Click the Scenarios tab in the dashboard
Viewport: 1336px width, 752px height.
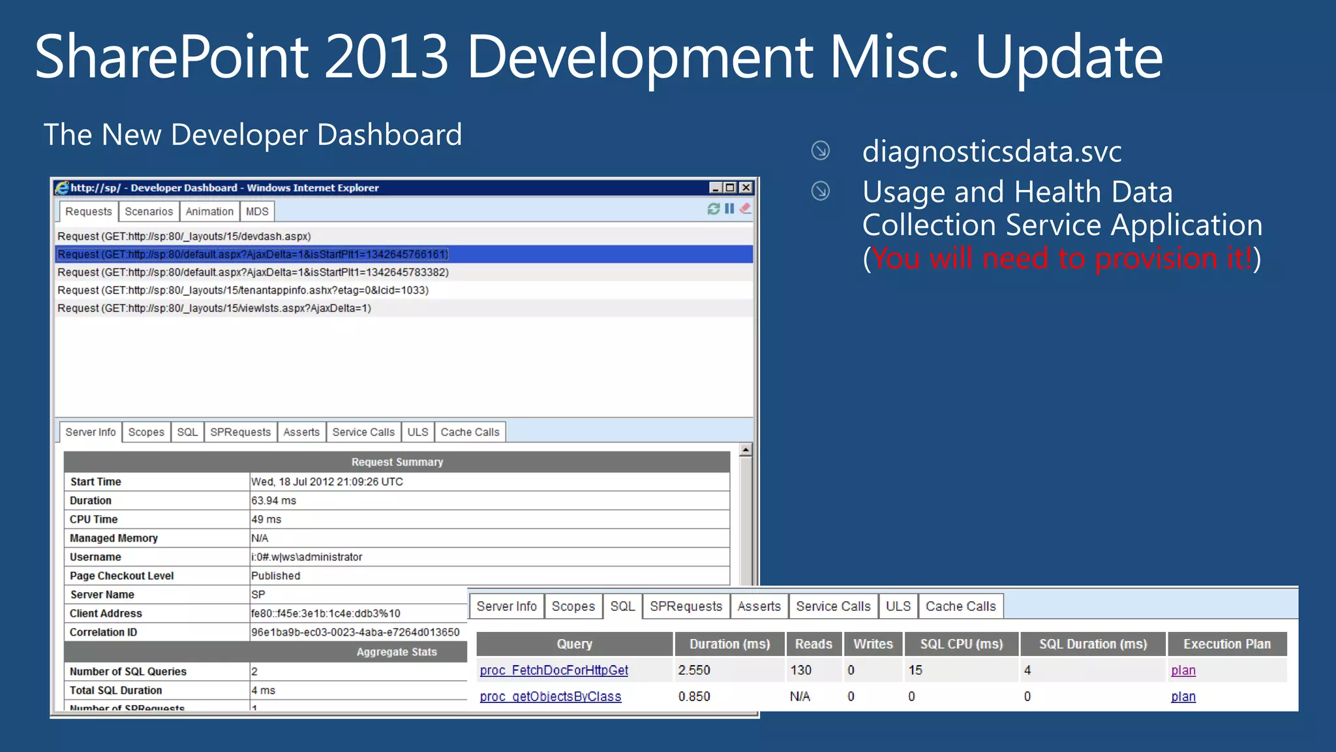coord(149,211)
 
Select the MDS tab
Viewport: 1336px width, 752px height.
coord(257,211)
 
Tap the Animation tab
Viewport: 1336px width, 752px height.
coord(209,211)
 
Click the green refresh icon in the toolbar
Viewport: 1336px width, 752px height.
coord(713,209)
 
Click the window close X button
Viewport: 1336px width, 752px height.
coord(746,188)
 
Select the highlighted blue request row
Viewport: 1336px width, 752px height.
coord(252,255)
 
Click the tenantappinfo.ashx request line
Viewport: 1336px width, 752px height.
coord(243,290)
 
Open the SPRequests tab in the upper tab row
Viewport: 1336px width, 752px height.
coord(240,432)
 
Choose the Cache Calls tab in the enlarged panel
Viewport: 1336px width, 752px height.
coord(960,606)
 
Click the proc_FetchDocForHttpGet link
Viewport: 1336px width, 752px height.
coord(554,670)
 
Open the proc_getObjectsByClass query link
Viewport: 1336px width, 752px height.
coord(551,697)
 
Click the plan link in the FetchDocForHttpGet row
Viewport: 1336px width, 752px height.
coord(1183,670)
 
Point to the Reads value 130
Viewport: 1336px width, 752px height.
coord(801,670)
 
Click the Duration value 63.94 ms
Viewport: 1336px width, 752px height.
coord(274,501)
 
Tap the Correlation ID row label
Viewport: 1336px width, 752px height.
coord(104,633)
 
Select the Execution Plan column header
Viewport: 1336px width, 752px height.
coord(1226,644)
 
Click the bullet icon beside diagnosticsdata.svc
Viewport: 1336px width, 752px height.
coord(820,151)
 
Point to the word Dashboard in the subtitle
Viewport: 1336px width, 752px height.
coord(389,135)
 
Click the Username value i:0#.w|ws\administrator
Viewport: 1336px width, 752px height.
coord(307,557)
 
